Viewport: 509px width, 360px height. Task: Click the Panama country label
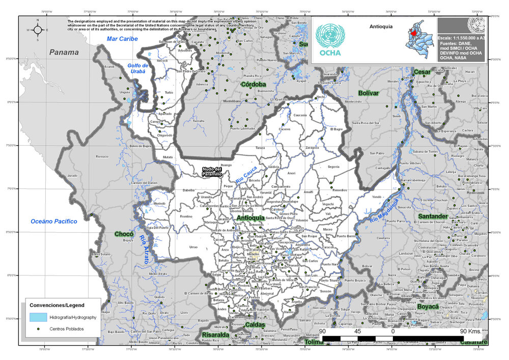(64, 52)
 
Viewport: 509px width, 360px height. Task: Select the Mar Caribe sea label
(122, 39)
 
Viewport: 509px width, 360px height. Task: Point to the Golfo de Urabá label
(137, 68)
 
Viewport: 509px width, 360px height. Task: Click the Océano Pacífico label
(54, 221)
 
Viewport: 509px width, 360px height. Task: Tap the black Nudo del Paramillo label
(211, 172)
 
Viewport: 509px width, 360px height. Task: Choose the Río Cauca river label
(246, 174)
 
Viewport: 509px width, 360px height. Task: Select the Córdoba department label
(253, 84)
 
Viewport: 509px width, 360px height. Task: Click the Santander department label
(433, 217)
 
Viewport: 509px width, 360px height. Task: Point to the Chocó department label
(124, 234)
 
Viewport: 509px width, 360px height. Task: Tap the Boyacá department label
(428, 307)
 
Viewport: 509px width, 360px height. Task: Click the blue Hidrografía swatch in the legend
(38, 317)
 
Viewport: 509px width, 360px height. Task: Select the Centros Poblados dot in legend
(38, 329)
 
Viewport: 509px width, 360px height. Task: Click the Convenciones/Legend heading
(57, 304)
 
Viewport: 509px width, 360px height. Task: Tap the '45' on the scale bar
(358, 331)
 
